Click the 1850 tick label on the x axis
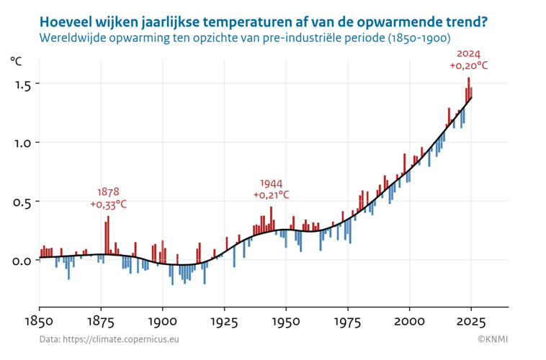point(40,320)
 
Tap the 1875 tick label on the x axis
point(101,320)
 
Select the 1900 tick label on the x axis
point(163,320)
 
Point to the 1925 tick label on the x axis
point(225,320)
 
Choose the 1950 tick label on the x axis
point(287,320)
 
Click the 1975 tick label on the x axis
point(349,320)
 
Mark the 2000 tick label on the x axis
point(410,320)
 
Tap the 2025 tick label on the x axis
point(472,320)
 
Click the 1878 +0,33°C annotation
point(109,198)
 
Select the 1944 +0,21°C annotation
point(272,189)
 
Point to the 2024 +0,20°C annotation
point(469,60)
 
